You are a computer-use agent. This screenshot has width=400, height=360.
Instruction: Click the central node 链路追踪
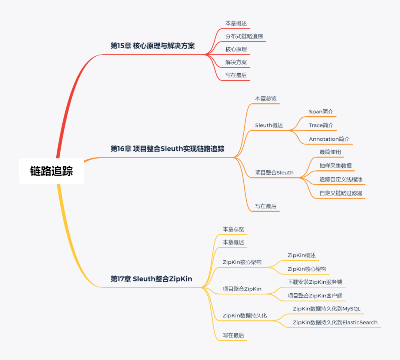pyautogui.click(x=51, y=171)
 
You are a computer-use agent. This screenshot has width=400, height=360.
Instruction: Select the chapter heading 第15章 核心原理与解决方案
pyautogui.click(x=153, y=46)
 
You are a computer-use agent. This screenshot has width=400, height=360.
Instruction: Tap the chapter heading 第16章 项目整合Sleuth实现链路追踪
pyautogui.click(x=167, y=149)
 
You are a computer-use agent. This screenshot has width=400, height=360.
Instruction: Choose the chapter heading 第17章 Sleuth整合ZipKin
pyautogui.click(x=151, y=279)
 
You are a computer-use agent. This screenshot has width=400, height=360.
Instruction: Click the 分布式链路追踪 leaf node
pyautogui.click(x=244, y=36)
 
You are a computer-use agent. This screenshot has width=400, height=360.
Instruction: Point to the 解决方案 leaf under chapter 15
pyautogui.click(x=236, y=62)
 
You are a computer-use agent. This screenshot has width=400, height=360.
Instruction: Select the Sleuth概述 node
pyautogui.click(x=269, y=126)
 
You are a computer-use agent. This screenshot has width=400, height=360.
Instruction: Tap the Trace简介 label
pyautogui.click(x=321, y=126)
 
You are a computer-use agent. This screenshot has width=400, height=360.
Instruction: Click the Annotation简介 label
pyautogui.click(x=329, y=139)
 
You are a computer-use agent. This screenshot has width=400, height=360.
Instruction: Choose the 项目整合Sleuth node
pyautogui.click(x=274, y=173)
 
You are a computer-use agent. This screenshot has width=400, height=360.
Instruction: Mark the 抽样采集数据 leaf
pyautogui.click(x=336, y=166)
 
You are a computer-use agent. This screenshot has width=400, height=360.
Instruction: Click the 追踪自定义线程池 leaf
pyautogui.click(x=341, y=179)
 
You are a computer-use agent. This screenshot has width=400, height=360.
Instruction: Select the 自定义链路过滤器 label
pyautogui.click(x=341, y=193)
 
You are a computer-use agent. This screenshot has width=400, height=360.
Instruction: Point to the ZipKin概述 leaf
pyautogui.click(x=301, y=255)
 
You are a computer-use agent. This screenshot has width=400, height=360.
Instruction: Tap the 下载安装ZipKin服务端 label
pyautogui.click(x=315, y=282)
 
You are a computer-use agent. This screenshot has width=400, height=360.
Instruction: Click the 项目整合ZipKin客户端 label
pyautogui.click(x=315, y=296)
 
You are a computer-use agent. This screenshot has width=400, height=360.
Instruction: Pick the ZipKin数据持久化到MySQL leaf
pyautogui.click(x=326, y=309)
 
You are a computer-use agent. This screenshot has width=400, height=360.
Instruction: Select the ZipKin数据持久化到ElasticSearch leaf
pyautogui.click(x=335, y=323)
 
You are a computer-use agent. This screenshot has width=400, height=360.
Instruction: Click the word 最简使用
pyautogui.click(x=330, y=152)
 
